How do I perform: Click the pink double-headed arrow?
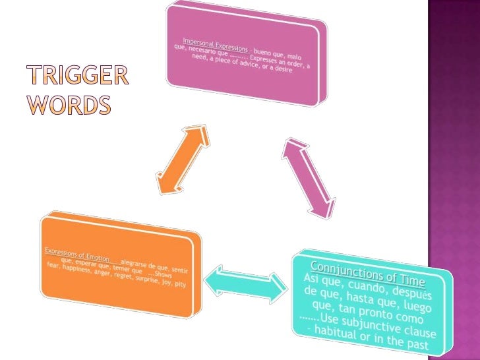[x=307, y=177]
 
